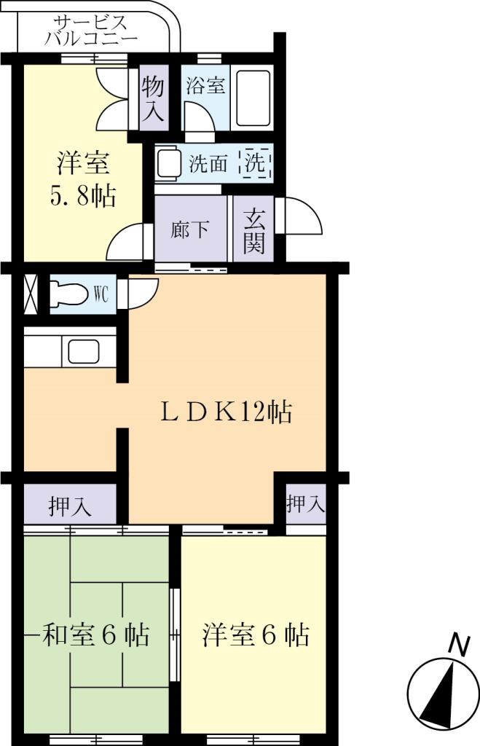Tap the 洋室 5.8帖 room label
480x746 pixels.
tap(84, 180)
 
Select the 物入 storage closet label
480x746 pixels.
tap(152, 98)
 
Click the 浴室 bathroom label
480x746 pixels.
tap(205, 86)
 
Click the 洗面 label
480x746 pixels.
tap(209, 164)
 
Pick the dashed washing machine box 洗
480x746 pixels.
tap(256, 163)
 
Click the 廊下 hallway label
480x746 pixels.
tap(191, 230)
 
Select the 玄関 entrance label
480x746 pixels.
tap(253, 230)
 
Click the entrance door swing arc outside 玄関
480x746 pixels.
tap(302, 219)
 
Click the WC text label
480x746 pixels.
tap(101, 295)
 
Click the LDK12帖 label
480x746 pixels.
tap(227, 413)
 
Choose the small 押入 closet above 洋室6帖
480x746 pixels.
tap(305, 503)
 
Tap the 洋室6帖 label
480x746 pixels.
tap(255, 635)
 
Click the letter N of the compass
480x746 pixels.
tap(457, 645)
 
